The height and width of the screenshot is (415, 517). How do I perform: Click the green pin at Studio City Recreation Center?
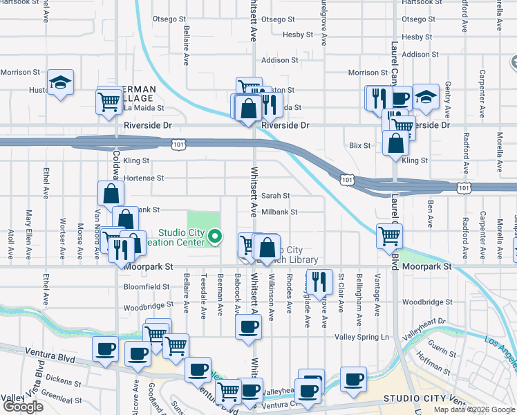click(x=215, y=237)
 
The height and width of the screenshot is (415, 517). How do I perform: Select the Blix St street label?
click(x=359, y=146)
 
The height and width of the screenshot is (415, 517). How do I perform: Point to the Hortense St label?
click(x=144, y=178)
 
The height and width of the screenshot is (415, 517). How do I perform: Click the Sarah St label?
click(x=275, y=196)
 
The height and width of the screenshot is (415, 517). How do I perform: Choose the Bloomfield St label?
click(x=147, y=286)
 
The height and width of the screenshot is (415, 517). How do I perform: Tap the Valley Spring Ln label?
click(x=362, y=337)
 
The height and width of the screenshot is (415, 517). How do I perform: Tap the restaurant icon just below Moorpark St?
click(x=319, y=280)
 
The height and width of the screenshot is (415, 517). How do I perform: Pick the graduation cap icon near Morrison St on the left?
click(x=61, y=83)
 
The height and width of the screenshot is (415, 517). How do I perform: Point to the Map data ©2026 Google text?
click(x=473, y=409)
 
